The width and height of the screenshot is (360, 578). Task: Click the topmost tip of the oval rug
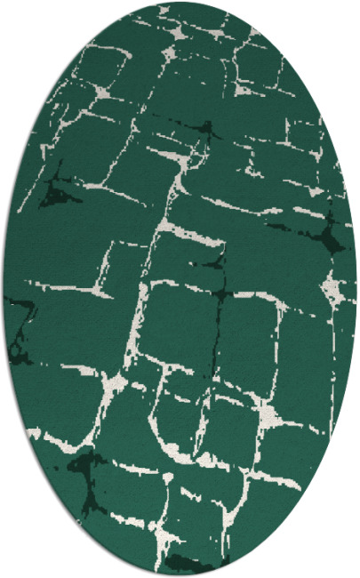point(180,3)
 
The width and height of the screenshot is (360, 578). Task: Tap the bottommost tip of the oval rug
point(180,575)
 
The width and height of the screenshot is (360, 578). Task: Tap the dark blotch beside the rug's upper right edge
point(334,236)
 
